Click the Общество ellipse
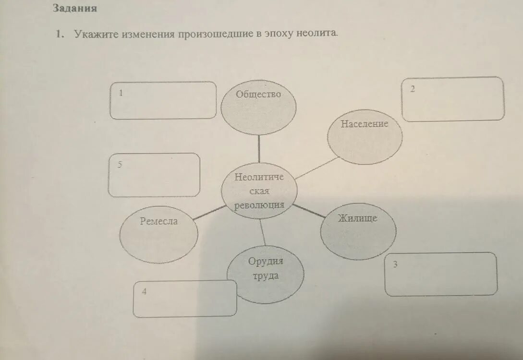pos(258,107)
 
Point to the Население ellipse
pos(365,136)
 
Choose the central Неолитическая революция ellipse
pos(259,191)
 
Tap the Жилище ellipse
pos(358,231)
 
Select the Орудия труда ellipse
pos(265,274)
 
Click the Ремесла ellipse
pos(158,235)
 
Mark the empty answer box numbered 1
pos(163,100)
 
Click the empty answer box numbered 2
pos(453,99)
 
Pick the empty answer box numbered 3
pos(441,274)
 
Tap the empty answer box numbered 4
pos(185,299)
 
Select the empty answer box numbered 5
pos(154,175)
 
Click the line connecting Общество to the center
pos(259,149)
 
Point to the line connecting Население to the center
pos(317,168)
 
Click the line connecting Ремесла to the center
pos(209,212)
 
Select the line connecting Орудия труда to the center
pos(262,232)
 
